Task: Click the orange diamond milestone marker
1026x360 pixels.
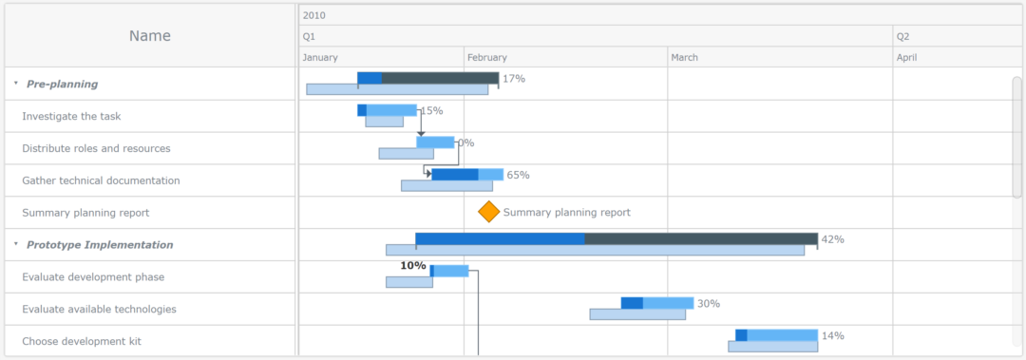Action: pos(488,212)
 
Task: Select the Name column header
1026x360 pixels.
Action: pos(150,36)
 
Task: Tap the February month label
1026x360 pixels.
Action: pos(487,58)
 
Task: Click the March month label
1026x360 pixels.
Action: pos(684,58)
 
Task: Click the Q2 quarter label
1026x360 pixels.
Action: pos(902,36)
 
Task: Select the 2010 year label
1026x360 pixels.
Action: pos(313,15)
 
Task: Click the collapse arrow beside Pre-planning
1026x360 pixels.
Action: pos(15,84)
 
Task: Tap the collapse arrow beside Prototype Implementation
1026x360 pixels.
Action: pos(15,244)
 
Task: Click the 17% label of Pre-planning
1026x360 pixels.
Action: pos(514,79)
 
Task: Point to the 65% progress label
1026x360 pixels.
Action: pos(518,175)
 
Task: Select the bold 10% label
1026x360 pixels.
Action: pos(412,266)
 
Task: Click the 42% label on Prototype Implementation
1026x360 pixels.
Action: pos(832,239)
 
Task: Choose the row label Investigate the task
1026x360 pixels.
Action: pos(71,116)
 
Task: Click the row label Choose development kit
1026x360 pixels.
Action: pos(82,341)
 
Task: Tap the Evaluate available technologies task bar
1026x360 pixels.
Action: pos(657,303)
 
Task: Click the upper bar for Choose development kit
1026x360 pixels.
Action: pos(776,335)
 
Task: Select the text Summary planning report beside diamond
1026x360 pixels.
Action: pos(566,213)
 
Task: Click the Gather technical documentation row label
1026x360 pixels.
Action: pos(101,180)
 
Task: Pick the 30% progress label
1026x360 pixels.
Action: pos(708,304)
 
